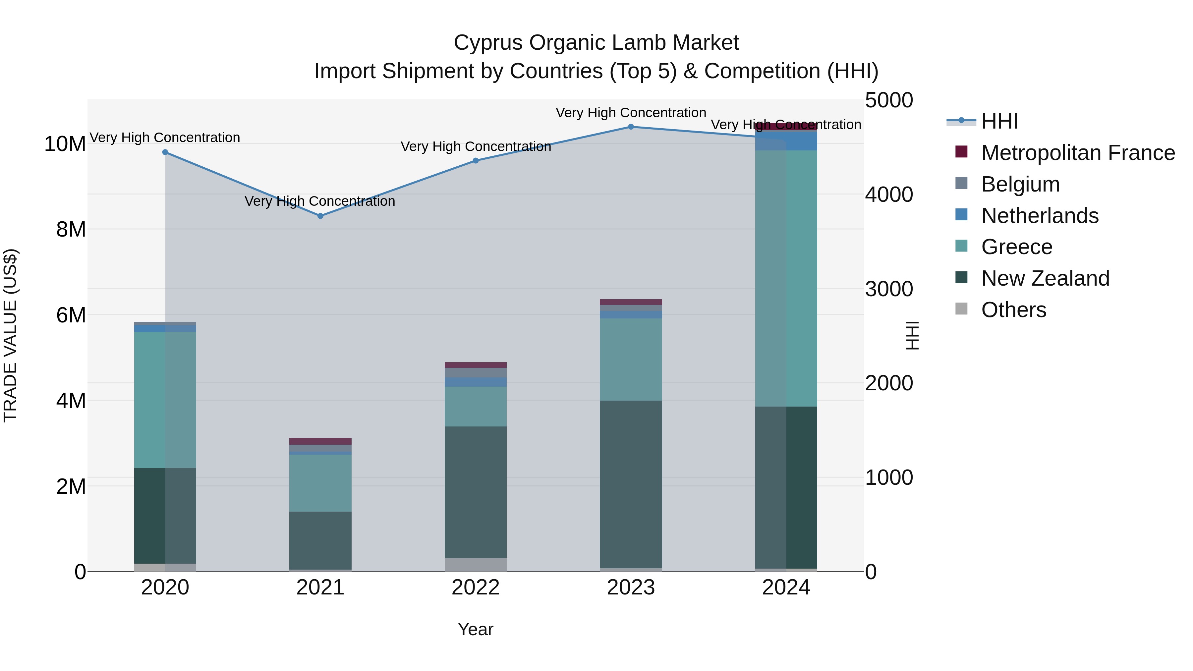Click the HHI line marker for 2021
pyautogui.click(x=320, y=216)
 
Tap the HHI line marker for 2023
pyautogui.click(x=631, y=127)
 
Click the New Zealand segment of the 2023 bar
pyautogui.click(x=631, y=484)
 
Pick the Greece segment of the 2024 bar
pyautogui.click(x=786, y=278)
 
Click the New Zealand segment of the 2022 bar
pyautogui.click(x=476, y=492)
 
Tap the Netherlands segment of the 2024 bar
pyautogui.click(x=786, y=141)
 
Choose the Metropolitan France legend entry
pyautogui.click(x=1078, y=153)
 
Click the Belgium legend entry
pyautogui.click(x=1020, y=184)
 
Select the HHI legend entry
pyautogui.click(x=999, y=121)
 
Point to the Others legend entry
pyautogui.click(x=1013, y=310)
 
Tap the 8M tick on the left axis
pyautogui.click(x=71, y=229)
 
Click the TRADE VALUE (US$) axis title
pyautogui.click(x=10, y=335)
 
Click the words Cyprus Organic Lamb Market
pyautogui.click(x=596, y=43)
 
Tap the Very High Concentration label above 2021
pyautogui.click(x=320, y=201)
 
